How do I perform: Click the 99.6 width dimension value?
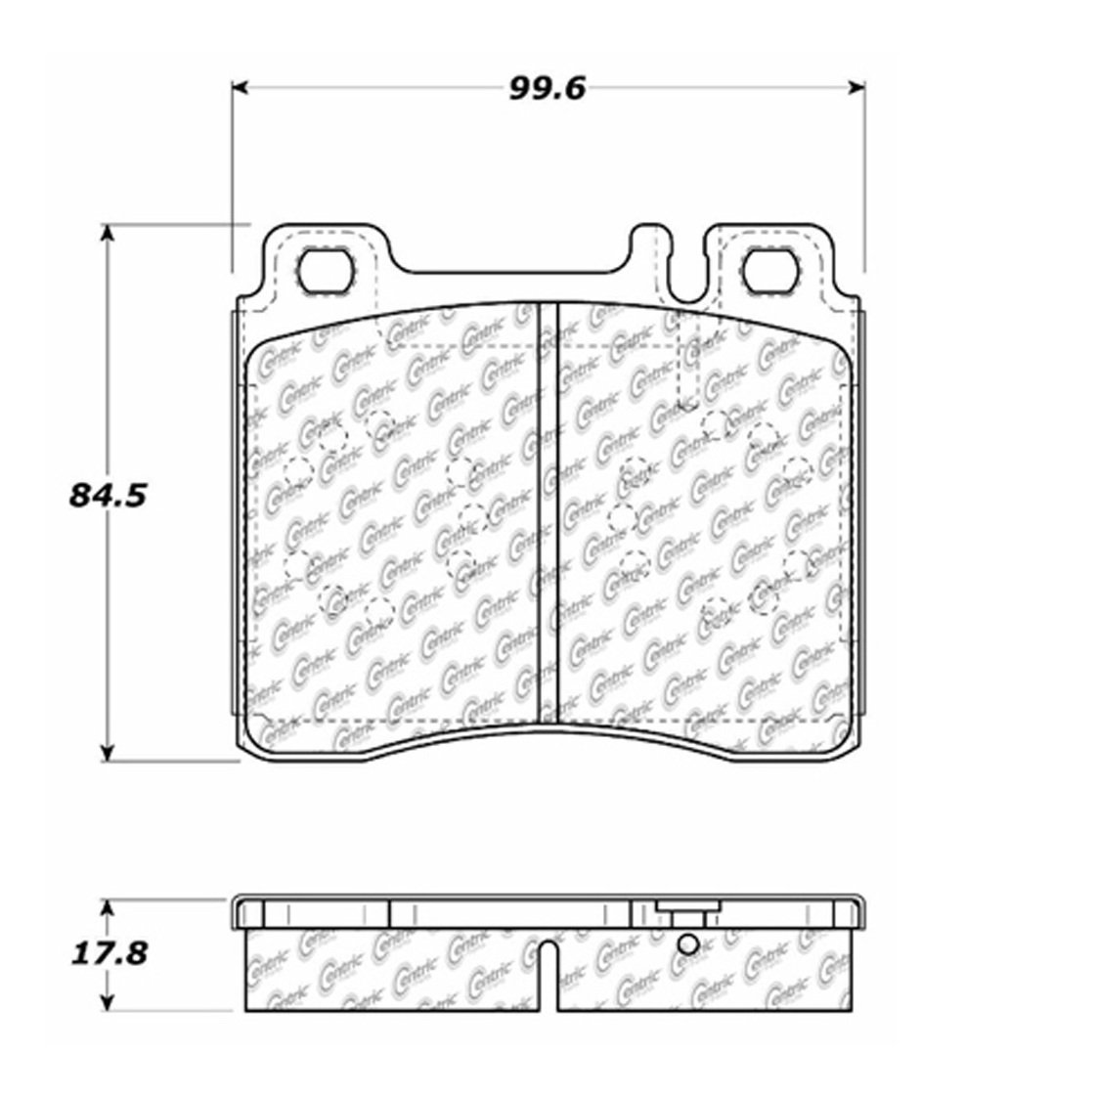pyautogui.click(x=547, y=89)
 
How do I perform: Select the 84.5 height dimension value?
pyautogui.click(x=107, y=496)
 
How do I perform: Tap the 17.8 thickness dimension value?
pyautogui.click(x=110, y=953)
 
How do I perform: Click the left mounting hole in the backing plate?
pyautogui.click(x=325, y=271)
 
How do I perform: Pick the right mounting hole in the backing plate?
pyautogui.click(x=768, y=271)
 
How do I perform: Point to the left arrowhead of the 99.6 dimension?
pyautogui.click(x=241, y=87)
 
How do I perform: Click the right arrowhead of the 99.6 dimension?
pyautogui.click(x=856, y=87)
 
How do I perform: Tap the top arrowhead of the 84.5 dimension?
pyautogui.click(x=107, y=234)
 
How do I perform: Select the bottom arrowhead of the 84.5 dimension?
pyautogui.click(x=107, y=752)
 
